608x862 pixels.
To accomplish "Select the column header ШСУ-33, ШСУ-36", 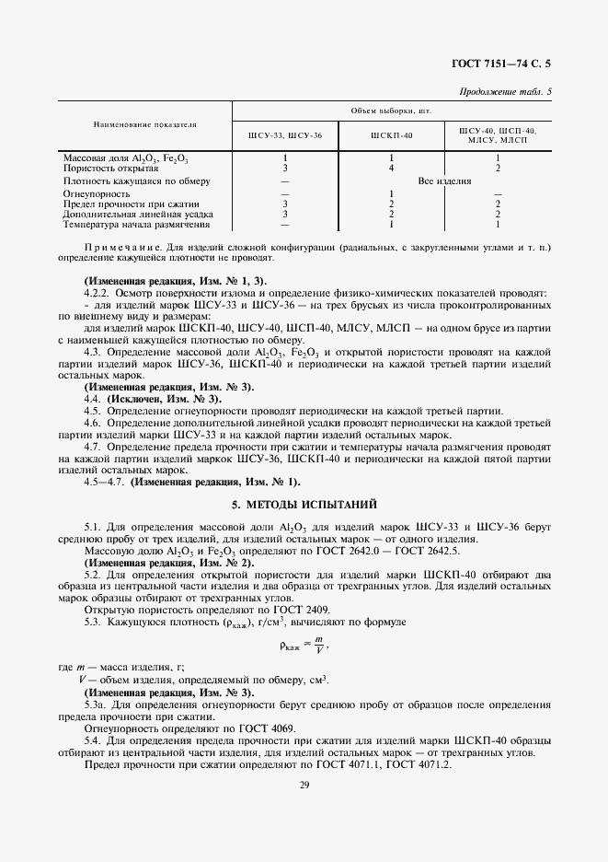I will (x=285, y=135).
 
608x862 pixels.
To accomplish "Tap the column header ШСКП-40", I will (x=392, y=135).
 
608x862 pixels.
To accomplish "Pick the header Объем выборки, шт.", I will (x=392, y=110).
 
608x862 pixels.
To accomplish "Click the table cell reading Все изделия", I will (x=444, y=181).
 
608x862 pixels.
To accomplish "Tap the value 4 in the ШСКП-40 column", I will (x=392, y=169).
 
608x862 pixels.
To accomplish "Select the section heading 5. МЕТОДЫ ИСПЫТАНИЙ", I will (x=304, y=504).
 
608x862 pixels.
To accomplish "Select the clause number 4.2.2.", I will (x=98, y=292).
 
